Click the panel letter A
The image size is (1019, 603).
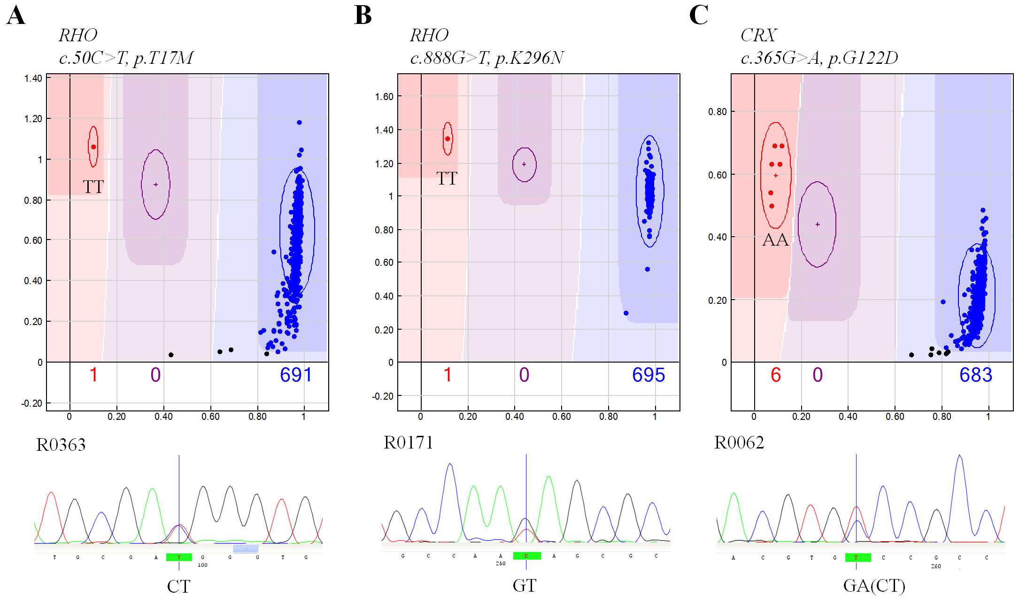coord(16,15)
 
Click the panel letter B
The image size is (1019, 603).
coord(363,15)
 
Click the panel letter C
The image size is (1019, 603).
coord(698,15)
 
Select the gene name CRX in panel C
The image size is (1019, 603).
coord(758,35)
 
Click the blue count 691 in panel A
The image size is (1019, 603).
coord(296,375)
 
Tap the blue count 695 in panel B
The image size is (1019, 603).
coord(648,375)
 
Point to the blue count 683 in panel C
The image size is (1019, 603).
coord(975,375)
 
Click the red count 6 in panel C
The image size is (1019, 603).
coord(776,375)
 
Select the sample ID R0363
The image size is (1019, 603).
coord(61,445)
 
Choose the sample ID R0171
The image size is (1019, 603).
coord(408,442)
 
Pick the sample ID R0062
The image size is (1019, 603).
coord(739,442)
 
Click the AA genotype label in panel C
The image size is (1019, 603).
coord(775,240)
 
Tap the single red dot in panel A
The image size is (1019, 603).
coord(93,147)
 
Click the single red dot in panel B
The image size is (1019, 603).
coord(448,139)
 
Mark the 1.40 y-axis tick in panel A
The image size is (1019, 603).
coord(33,78)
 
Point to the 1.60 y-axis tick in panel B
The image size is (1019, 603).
coord(384,97)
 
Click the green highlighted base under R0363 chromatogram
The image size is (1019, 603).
coord(179,557)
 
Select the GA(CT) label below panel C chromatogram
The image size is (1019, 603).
coord(874,586)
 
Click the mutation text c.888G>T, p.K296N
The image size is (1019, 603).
coord(486,58)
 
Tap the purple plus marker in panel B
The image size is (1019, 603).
coord(524,164)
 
